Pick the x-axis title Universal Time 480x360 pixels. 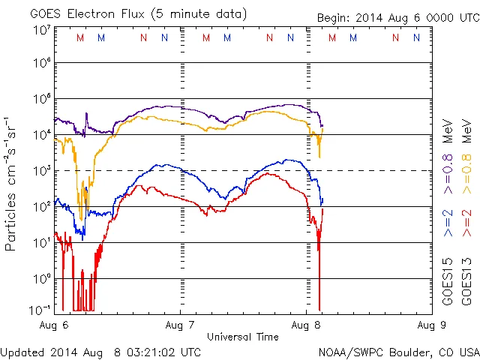tap(243, 336)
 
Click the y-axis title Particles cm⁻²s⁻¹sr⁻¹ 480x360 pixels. tap(13, 183)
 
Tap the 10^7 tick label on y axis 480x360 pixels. tap(42, 30)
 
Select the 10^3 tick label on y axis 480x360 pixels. tap(42, 171)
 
